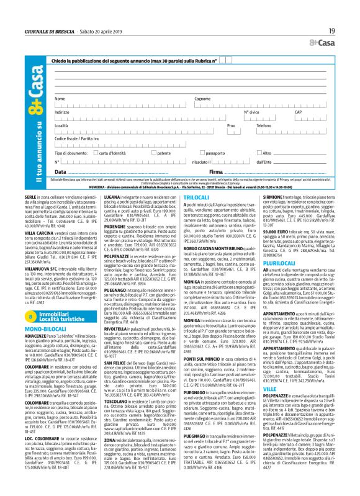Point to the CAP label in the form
coord(315,112)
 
